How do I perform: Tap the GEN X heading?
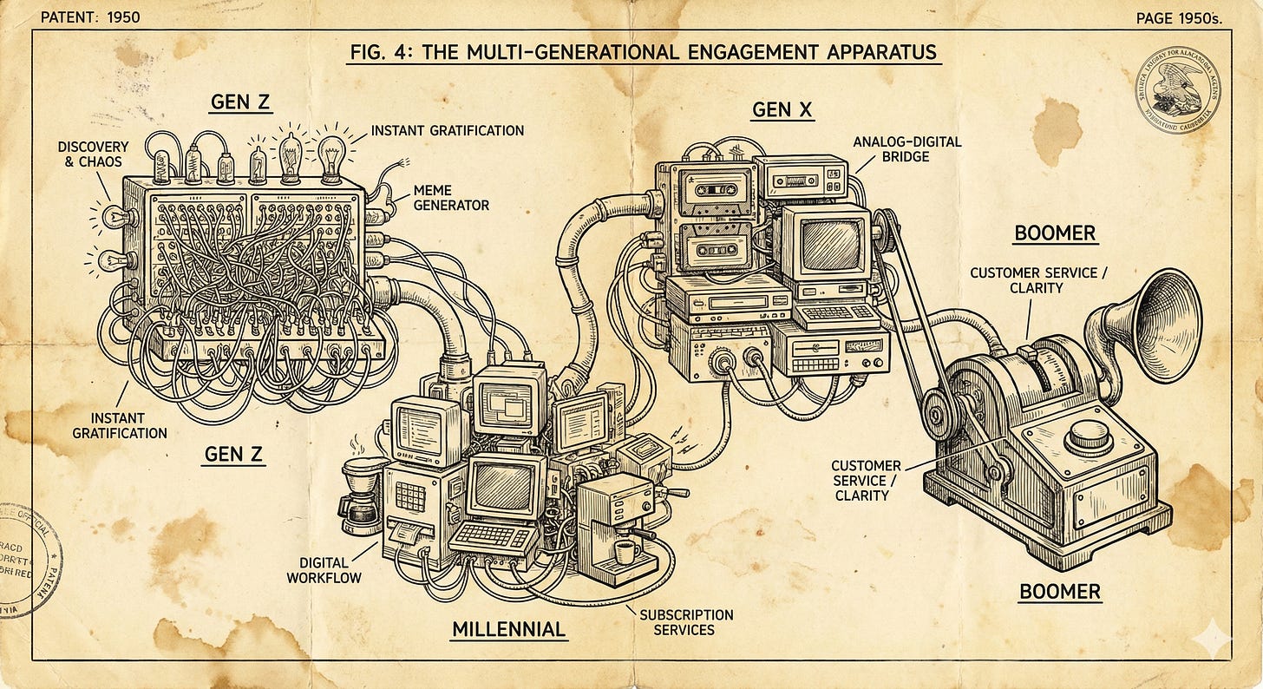(783, 109)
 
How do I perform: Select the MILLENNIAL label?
(508, 628)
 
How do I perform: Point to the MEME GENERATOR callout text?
(451, 199)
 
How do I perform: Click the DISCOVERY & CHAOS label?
(93, 154)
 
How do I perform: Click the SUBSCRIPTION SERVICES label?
(686, 621)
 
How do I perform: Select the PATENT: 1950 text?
(90, 16)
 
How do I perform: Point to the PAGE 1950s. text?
(1178, 18)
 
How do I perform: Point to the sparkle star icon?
(1212, 640)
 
